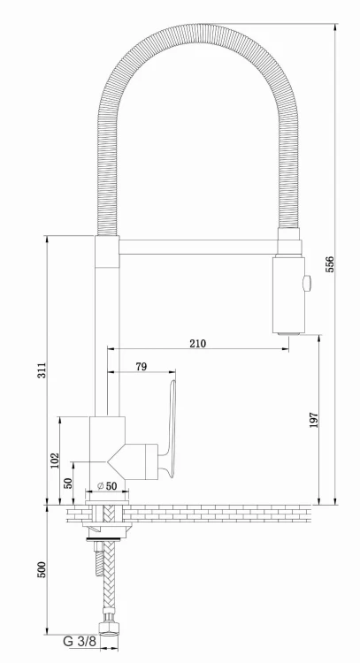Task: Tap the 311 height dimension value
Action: (42, 371)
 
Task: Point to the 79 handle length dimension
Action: (141, 366)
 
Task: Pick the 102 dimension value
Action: (54, 460)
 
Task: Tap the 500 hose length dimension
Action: (42, 570)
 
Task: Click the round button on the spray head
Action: (307, 283)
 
